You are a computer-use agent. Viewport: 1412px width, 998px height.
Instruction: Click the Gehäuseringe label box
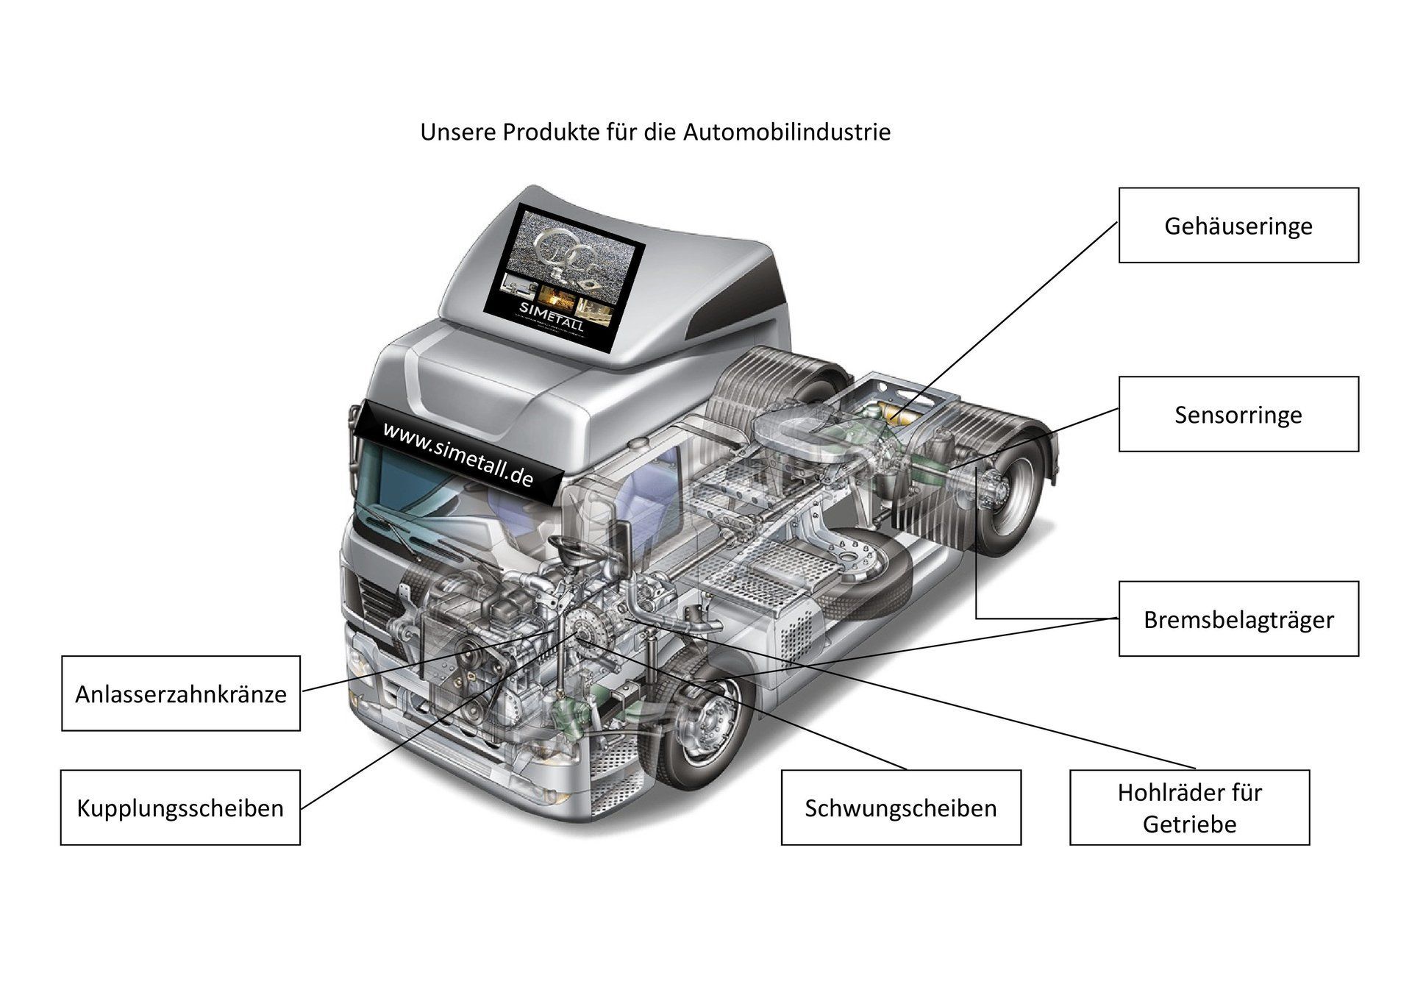point(1238,225)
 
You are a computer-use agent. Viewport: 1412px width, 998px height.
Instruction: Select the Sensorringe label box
point(1238,414)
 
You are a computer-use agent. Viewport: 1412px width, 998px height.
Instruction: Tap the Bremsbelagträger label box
point(1238,619)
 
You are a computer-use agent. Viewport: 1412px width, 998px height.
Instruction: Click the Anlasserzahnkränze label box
point(181,693)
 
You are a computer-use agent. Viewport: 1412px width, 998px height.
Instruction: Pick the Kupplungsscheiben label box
point(180,808)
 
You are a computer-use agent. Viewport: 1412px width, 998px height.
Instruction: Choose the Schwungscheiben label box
point(900,808)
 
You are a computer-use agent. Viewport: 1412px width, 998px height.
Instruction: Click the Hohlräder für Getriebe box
point(1189,808)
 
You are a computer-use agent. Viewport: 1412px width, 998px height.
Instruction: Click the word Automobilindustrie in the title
point(787,132)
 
